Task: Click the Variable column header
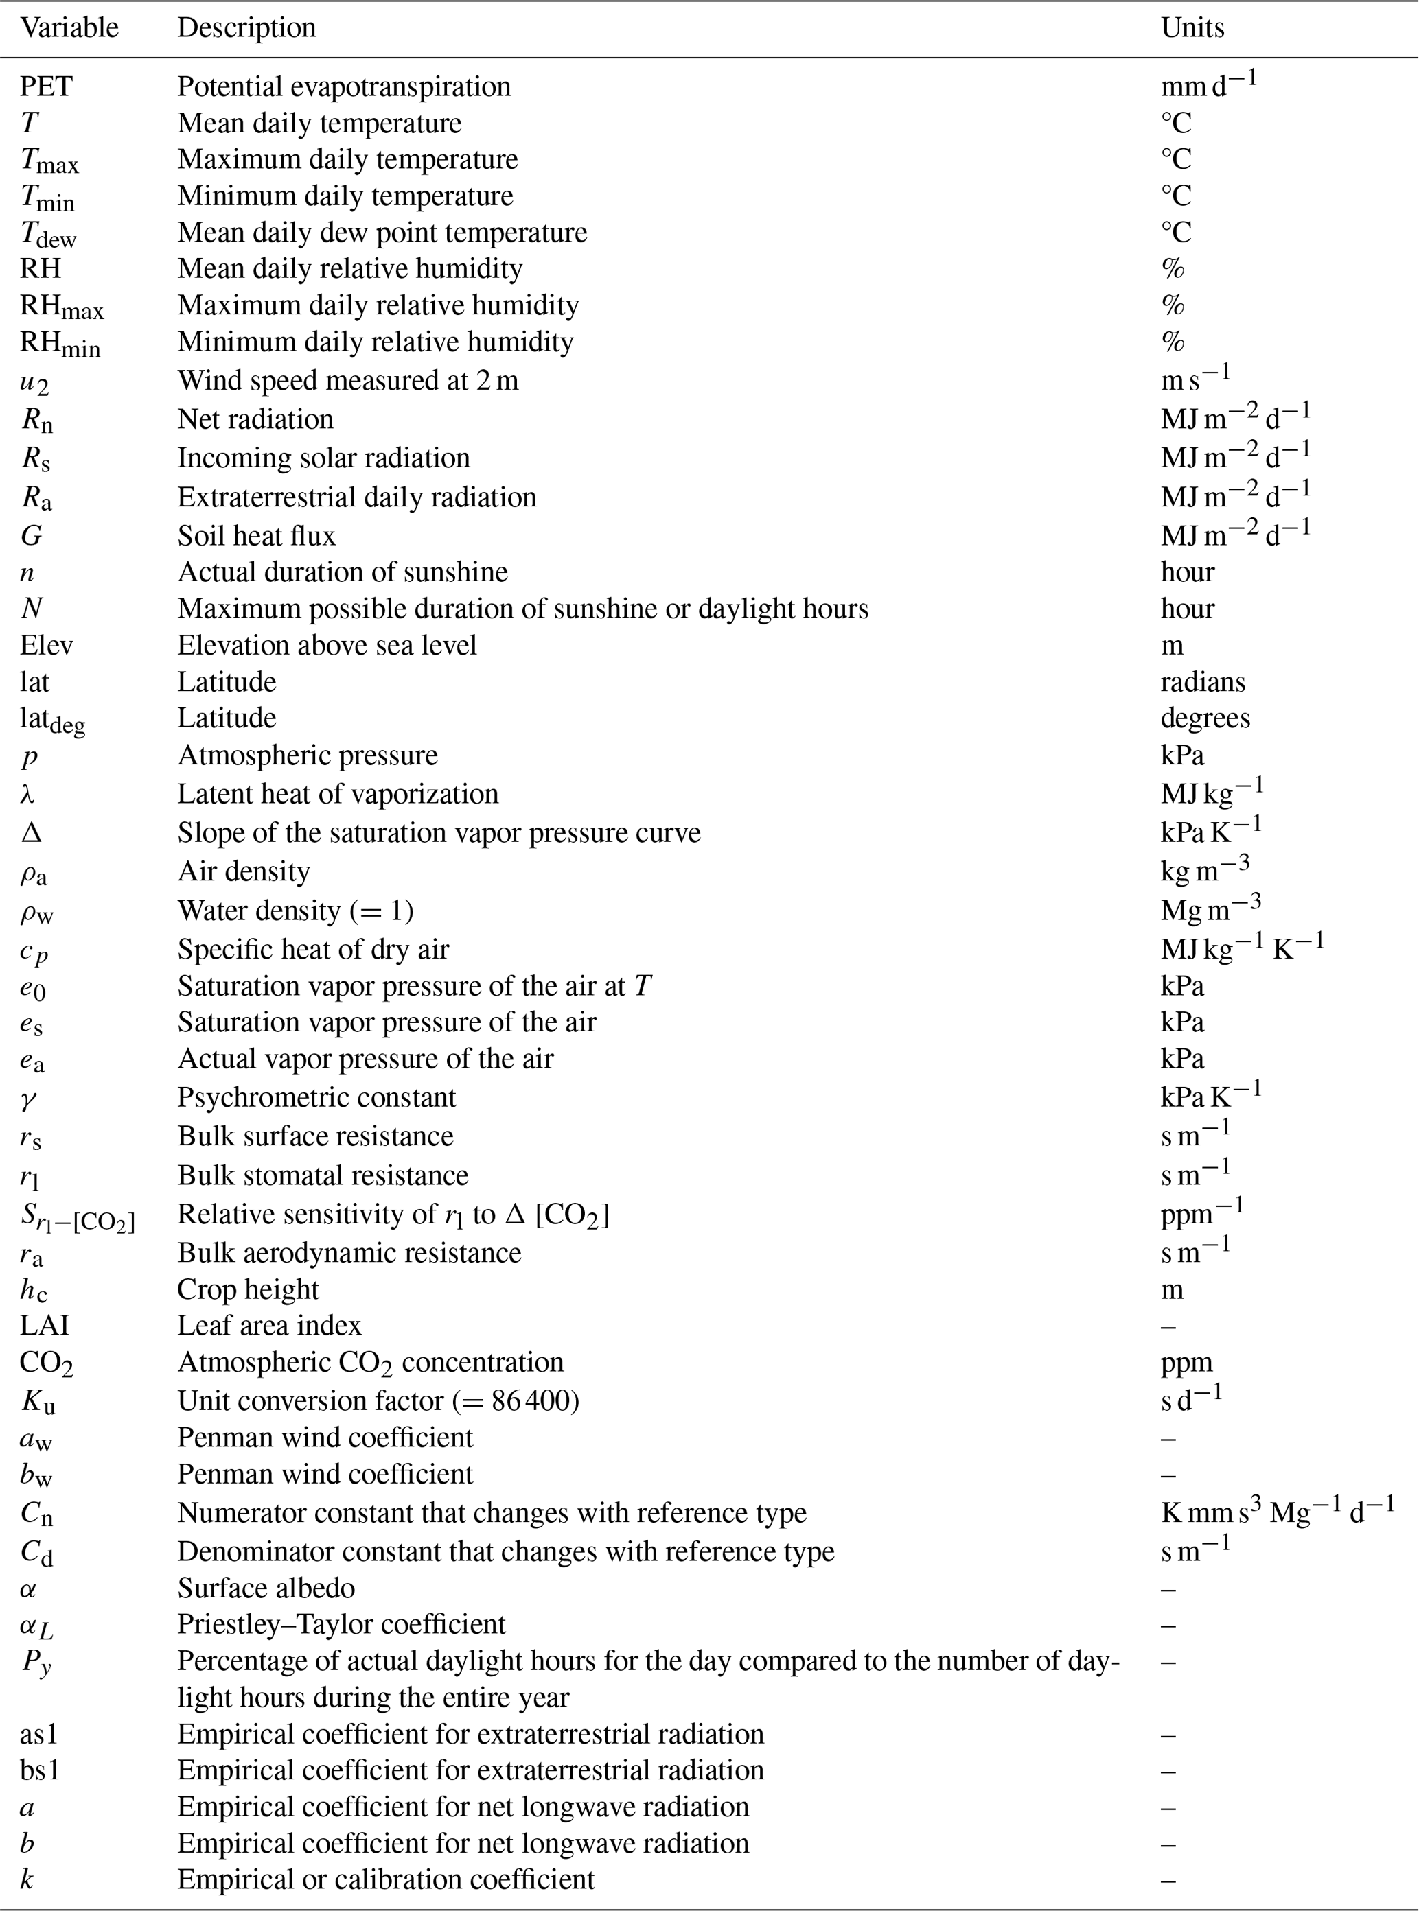pos(69,27)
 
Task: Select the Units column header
pos(1192,27)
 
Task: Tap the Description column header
pos(246,27)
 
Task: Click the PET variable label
pos(47,86)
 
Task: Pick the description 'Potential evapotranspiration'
pos(343,86)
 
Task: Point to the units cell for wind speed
pos(1195,377)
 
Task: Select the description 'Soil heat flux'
pos(256,536)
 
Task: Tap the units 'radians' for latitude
pos(1203,681)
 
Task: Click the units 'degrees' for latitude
pos(1205,718)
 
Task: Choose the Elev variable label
pos(47,645)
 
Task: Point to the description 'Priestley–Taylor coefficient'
pos(341,1623)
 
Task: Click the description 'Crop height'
pos(247,1289)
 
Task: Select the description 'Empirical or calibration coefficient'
pos(386,1878)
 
